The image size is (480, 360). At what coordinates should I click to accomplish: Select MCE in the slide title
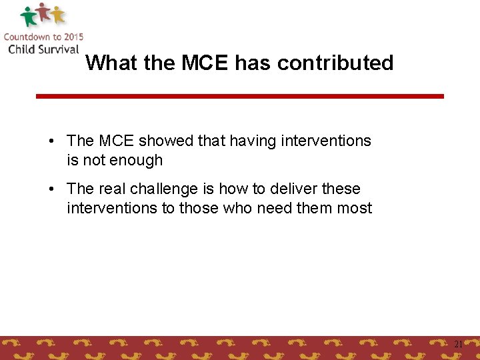click(204, 63)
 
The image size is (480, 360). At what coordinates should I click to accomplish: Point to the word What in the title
click(111, 63)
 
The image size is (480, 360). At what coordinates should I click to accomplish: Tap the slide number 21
click(458, 344)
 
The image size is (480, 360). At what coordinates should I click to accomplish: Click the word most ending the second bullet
click(355, 208)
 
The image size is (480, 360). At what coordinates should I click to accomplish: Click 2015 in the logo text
click(71, 37)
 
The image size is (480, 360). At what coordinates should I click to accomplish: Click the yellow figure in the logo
click(58, 14)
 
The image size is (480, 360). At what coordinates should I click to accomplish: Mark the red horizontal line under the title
click(239, 96)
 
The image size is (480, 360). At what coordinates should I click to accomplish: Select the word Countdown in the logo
click(27, 37)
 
